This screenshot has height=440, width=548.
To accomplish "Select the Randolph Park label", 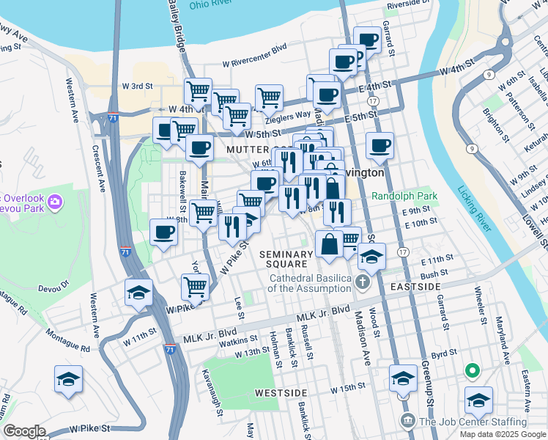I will click(x=404, y=196).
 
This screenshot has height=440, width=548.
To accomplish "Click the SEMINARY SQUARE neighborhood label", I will click(x=286, y=259).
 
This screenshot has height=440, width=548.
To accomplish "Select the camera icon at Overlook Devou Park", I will click(x=53, y=199).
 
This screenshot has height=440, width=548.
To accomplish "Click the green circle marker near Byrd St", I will click(x=473, y=373).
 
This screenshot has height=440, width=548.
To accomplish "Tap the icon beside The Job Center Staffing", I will click(x=408, y=421).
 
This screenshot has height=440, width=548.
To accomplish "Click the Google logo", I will click(x=24, y=431).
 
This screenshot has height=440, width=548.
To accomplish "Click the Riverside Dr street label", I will click(x=412, y=4).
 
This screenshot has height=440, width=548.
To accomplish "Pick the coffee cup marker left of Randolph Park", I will click(x=379, y=145).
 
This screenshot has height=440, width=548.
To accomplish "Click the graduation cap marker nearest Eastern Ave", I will click(x=478, y=400).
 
